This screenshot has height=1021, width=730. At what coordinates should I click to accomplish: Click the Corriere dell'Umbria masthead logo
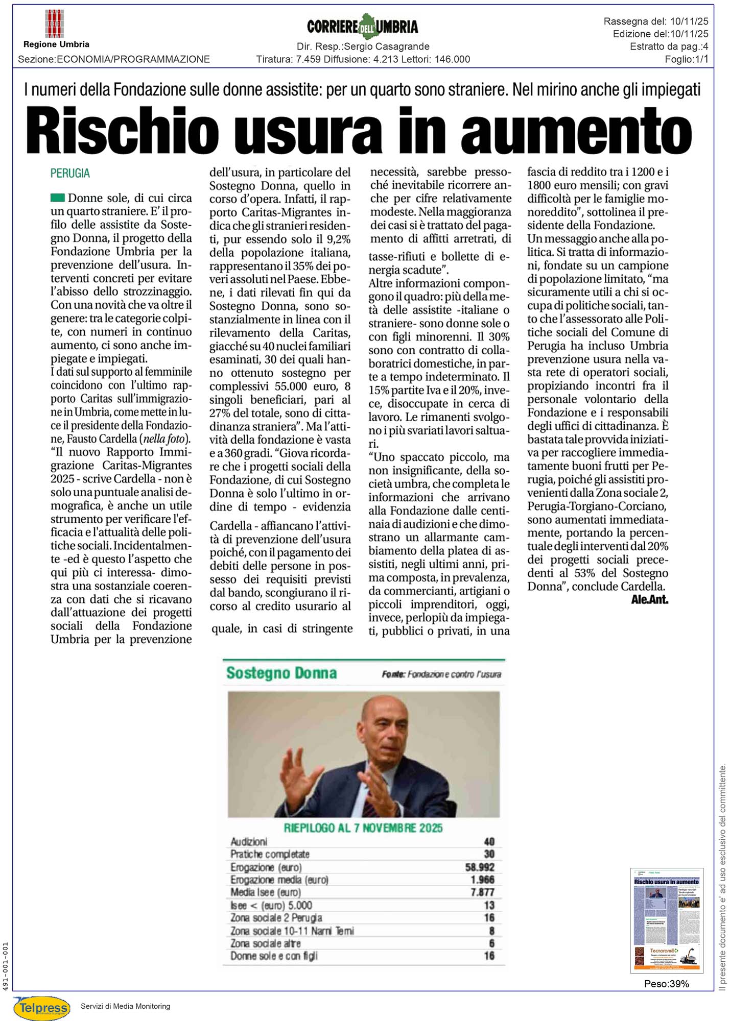[363, 26]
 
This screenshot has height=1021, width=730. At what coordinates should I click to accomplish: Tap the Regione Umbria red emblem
[55, 23]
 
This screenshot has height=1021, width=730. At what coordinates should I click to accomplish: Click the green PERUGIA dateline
[70, 174]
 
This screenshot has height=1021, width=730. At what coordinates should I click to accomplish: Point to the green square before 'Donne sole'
[58, 198]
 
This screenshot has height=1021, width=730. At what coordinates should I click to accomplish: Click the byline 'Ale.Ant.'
[649, 599]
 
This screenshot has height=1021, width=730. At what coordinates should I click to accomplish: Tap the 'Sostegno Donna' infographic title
[281, 673]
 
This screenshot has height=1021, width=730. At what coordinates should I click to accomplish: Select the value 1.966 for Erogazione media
[482, 880]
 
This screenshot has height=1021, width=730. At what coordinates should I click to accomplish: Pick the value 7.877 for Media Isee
[482, 892]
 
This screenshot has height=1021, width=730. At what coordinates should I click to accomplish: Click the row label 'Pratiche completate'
[270, 854]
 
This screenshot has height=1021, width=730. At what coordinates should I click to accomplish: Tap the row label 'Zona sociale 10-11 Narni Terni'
[292, 931]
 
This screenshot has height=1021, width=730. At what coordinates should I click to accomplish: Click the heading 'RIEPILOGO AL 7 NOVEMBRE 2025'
[363, 828]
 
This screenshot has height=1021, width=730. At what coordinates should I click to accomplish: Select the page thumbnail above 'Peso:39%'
[666, 920]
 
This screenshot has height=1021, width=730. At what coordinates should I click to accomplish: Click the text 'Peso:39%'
[666, 984]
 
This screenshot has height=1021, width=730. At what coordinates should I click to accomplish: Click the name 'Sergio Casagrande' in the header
[387, 46]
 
